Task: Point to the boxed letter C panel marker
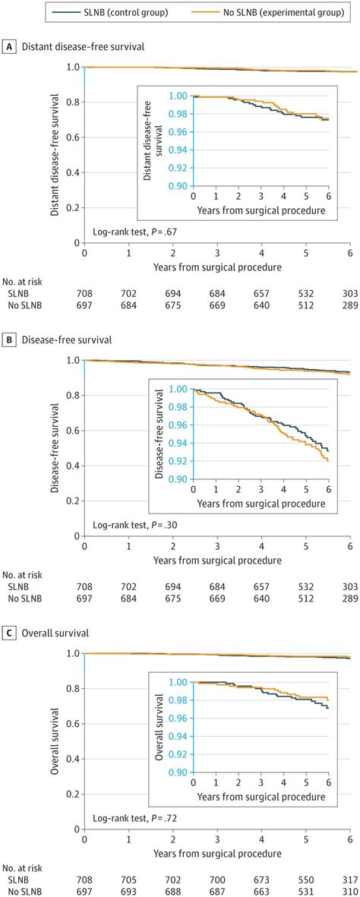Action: tap(9, 633)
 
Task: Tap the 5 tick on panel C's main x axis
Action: tap(305, 840)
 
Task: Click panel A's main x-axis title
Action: tap(216, 267)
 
